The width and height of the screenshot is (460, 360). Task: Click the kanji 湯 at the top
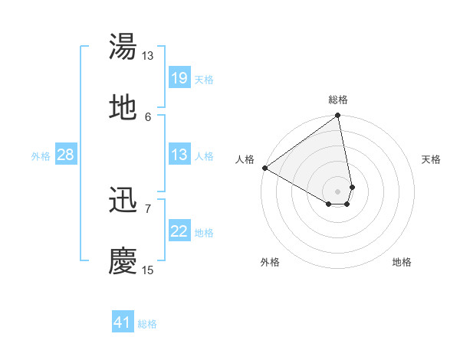tap(123, 47)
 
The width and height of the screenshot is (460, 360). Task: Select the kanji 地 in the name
tap(123, 108)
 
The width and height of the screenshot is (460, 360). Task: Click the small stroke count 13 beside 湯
tap(148, 56)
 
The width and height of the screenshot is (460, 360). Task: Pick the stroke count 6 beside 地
tap(148, 116)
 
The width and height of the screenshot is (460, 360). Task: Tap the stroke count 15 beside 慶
tap(148, 270)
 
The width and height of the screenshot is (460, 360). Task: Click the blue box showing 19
tap(179, 78)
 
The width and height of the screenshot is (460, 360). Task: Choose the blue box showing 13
tap(179, 155)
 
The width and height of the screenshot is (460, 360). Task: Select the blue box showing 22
tap(179, 232)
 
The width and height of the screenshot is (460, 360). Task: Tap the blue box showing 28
tap(66, 155)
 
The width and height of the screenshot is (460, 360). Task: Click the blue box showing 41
tap(123, 322)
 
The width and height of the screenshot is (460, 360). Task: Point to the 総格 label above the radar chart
tap(338, 100)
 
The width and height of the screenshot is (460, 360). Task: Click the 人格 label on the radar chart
tap(245, 159)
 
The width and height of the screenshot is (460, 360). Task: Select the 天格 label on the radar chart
tap(431, 159)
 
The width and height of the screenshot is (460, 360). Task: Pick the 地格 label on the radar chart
tap(402, 263)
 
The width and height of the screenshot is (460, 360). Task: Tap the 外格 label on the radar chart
tap(270, 263)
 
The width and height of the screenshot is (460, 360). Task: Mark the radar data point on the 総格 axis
tap(338, 116)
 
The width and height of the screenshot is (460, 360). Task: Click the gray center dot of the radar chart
tap(338, 191)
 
